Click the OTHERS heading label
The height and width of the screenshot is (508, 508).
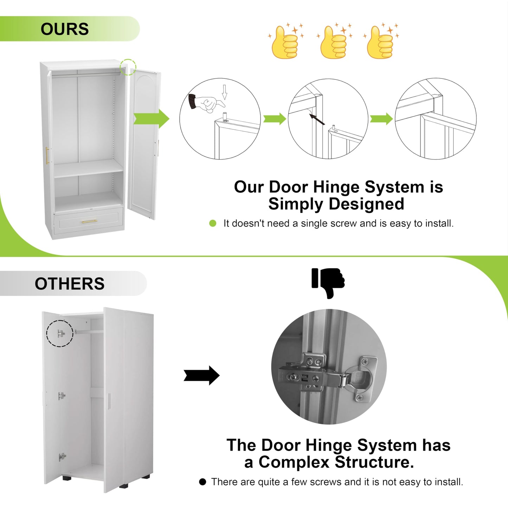point(69,284)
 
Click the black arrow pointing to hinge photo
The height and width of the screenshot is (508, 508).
point(202,375)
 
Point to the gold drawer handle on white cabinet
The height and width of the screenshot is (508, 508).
point(89,221)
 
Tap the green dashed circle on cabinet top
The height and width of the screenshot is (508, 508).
point(128,67)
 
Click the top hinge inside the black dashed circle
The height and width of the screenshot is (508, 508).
point(61,333)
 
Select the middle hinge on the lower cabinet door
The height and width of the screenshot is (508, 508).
point(62,396)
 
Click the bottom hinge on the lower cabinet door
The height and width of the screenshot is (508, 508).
point(62,457)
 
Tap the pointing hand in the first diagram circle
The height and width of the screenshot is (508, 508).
point(207,103)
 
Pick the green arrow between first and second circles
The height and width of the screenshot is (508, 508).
point(275,119)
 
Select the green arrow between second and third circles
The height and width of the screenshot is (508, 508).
point(381,119)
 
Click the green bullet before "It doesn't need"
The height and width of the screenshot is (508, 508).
point(213,223)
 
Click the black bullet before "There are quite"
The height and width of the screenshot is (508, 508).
point(202,482)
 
